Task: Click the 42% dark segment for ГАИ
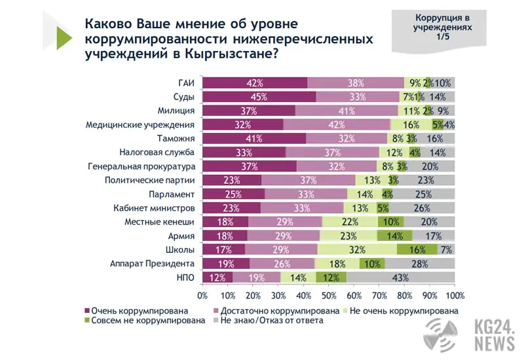coord(254,83)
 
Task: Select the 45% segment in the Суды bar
coord(259,97)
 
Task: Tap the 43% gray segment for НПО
coord(400,278)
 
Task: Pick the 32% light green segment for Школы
coord(358,249)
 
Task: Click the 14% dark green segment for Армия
coord(394,236)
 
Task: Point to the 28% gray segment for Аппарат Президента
coord(419,264)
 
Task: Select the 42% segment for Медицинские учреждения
coord(337,124)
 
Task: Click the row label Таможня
coord(176,139)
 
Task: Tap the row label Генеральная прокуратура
coord(141,166)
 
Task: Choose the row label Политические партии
coord(150,180)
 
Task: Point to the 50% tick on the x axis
coord(329,295)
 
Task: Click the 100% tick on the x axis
coord(455,295)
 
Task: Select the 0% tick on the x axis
coord(203,295)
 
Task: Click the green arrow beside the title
coord(64,38)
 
